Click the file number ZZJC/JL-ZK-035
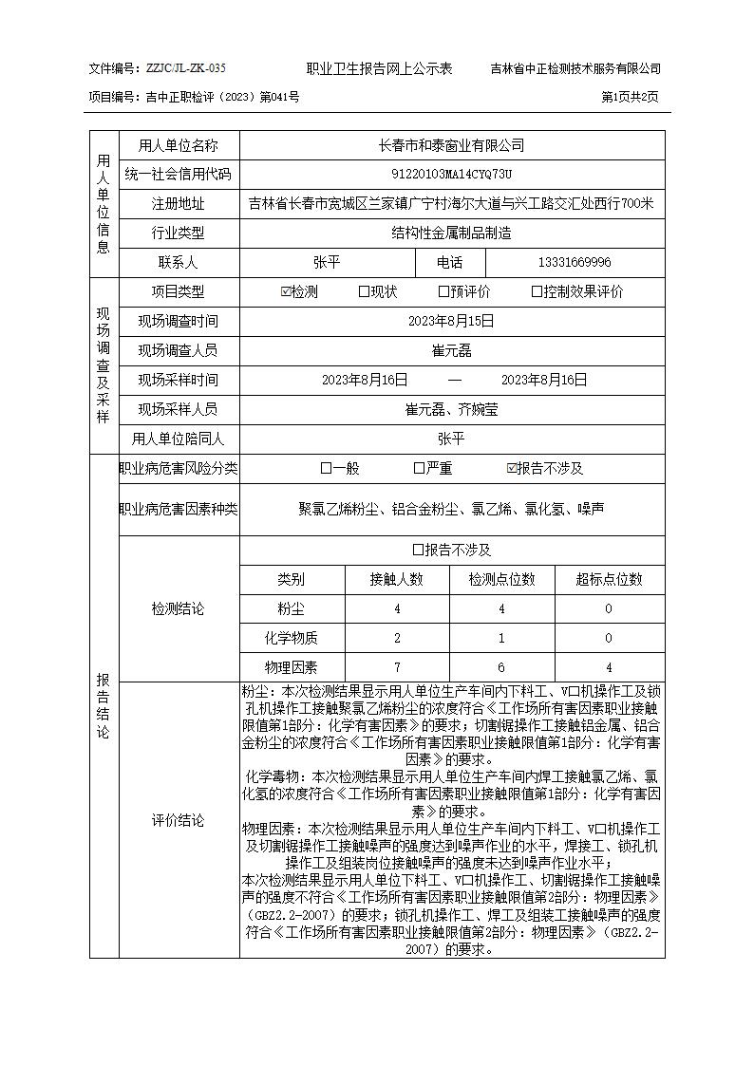pyautogui.click(x=185, y=68)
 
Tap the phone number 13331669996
pyautogui.click(x=575, y=263)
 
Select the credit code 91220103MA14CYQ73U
pyautogui.click(x=451, y=175)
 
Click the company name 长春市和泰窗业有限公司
pyautogui.click(x=451, y=146)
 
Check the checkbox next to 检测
pyautogui.click(x=287, y=292)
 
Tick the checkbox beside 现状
pyautogui.click(x=364, y=292)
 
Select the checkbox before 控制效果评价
pyautogui.click(x=537, y=292)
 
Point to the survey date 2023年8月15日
pyautogui.click(x=451, y=322)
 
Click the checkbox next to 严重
pyautogui.click(x=419, y=468)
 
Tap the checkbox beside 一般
pyautogui.click(x=326, y=468)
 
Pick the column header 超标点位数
pyautogui.click(x=609, y=579)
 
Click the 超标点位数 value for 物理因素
pyautogui.click(x=609, y=667)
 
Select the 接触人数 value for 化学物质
pyautogui.click(x=397, y=638)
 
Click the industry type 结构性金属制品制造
pyautogui.click(x=451, y=233)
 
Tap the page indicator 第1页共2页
pyautogui.click(x=631, y=97)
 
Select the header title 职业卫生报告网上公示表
pyautogui.click(x=379, y=68)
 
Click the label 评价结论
pyautogui.click(x=178, y=820)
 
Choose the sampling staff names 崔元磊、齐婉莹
pyautogui.click(x=451, y=409)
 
